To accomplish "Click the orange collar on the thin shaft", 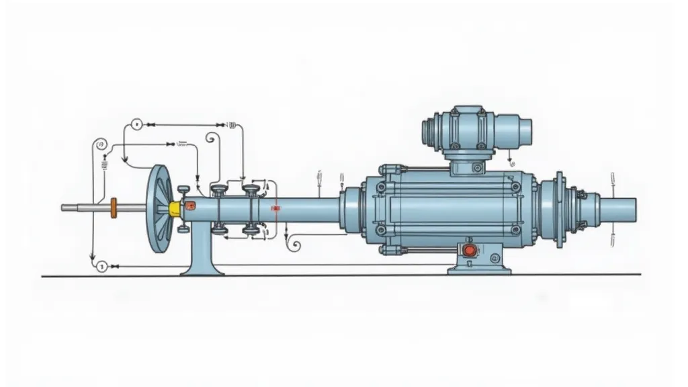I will tap(113, 208).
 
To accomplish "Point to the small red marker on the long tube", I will tap(275, 210).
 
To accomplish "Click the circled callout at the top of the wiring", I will tap(136, 124).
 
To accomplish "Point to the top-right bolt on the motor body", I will tap(515, 176).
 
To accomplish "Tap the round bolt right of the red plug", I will tap(495, 256).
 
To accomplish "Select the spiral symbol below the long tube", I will tap(294, 246).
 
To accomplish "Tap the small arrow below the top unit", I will tap(511, 161).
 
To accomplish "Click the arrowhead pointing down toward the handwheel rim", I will tap(125, 160).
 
